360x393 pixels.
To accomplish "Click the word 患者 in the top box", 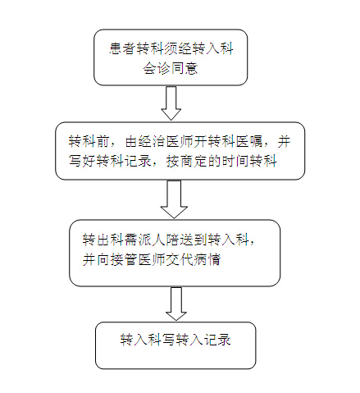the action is coord(123,49).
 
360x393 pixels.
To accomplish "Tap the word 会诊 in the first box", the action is coord(157,68).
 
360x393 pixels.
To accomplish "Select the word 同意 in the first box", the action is coord(185,68).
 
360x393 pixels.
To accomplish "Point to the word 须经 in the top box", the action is coord(179,49).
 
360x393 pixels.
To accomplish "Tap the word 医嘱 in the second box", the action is coord(249,142).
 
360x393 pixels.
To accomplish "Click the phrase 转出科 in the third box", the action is coord(103,240).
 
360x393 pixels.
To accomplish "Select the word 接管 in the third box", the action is coord(124,259).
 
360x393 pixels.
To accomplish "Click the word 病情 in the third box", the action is coord(207,259).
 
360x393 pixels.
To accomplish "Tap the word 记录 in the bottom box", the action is coord(217,340).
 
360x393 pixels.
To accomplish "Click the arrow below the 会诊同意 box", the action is coord(171,103).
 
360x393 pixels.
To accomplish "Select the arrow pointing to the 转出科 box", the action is coord(174,199).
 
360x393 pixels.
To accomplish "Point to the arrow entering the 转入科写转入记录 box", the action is coord(176,304).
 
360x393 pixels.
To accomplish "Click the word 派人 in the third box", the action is coord(152,240).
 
